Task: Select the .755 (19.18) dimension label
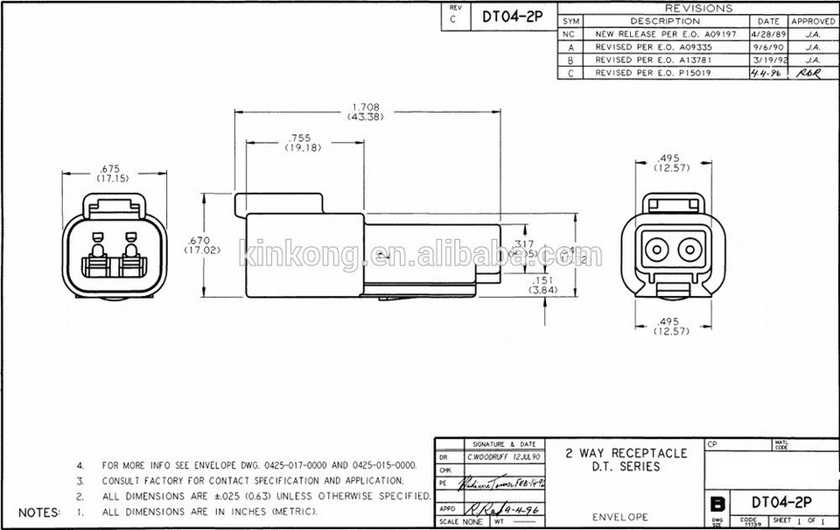point(304,143)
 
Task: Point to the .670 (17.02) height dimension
point(201,244)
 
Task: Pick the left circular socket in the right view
point(654,249)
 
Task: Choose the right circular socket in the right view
point(688,249)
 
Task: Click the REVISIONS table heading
point(699,8)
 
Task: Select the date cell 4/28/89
point(767,33)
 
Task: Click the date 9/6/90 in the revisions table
point(767,46)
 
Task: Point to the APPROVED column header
point(813,20)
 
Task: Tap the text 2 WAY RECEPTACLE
point(626,454)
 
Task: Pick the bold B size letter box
point(717,505)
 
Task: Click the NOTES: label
point(39,512)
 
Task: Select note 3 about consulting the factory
point(253,481)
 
